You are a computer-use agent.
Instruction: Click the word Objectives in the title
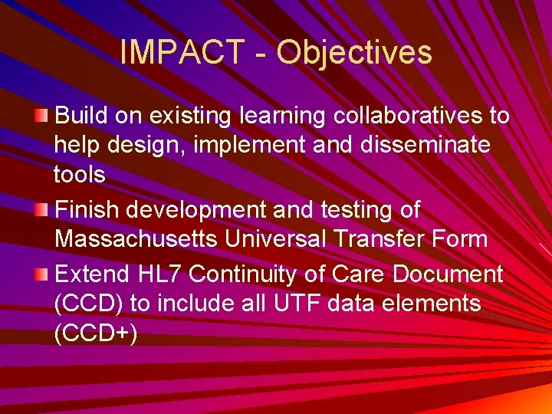(x=354, y=53)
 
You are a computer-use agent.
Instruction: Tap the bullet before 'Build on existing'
(x=41, y=116)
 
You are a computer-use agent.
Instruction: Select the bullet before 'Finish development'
(x=41, y=209)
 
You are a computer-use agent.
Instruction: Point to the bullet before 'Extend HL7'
(x=41, y=274)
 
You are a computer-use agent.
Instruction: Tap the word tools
(x=80, y=175)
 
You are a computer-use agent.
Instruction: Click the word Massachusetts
(x=136, y=238)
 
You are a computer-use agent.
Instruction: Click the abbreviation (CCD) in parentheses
(x=88, y=304)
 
